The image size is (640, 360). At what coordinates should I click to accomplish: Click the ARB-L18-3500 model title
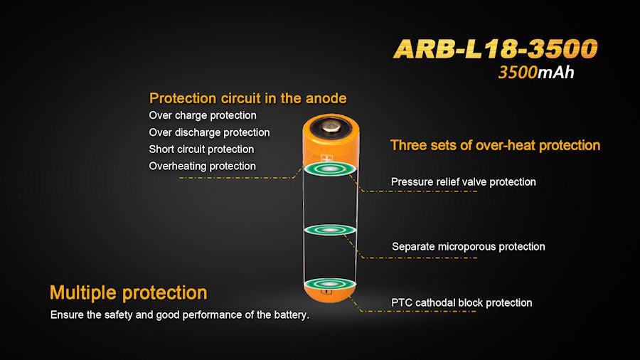495,48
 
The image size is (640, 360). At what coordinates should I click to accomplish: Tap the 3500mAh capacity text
536,73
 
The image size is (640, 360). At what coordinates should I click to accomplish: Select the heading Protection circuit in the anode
248,98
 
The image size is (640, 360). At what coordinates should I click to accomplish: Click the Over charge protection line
203,115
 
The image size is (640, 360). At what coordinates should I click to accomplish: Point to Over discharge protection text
209,132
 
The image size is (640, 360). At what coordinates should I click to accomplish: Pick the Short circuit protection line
201,149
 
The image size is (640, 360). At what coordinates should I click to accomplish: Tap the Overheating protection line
202,166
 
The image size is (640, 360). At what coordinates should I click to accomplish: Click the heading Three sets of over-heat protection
495,145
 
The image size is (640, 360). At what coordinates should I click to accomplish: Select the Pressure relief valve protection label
463,182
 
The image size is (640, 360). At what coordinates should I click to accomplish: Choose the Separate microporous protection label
468,247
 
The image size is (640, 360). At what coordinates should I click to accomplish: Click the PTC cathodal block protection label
462,303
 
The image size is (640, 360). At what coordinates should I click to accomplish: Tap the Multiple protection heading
128,292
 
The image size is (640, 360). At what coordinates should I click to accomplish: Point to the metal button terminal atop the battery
331,127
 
